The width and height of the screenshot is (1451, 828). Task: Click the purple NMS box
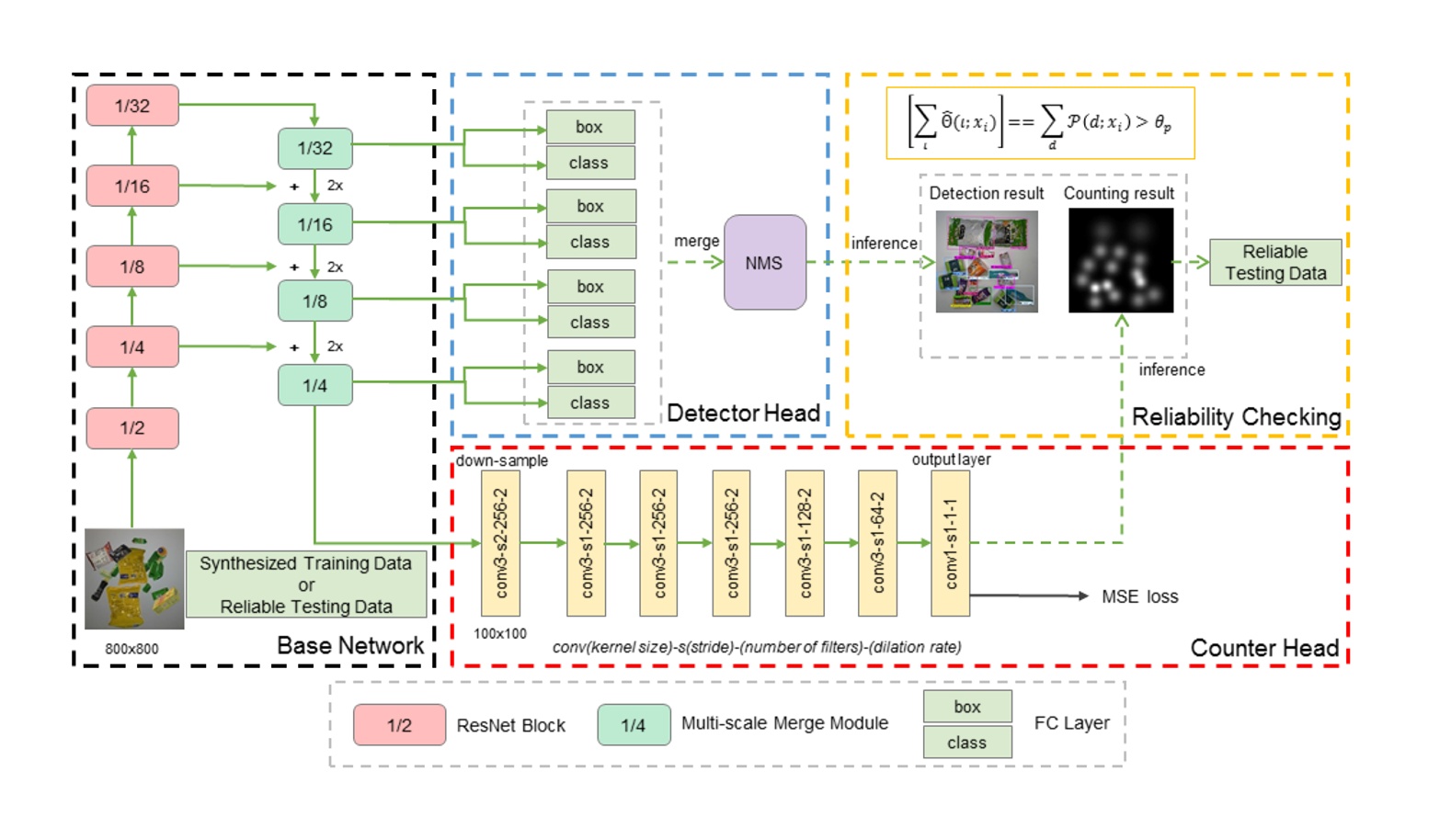(x=765, y=262)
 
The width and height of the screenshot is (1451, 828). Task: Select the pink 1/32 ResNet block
(x=132, y=105)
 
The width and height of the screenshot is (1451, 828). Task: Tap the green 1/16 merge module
(x=315, y=224)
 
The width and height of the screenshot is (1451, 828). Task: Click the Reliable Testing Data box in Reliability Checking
(x=1275, y=262)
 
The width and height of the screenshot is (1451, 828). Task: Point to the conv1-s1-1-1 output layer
(x=950, y=543)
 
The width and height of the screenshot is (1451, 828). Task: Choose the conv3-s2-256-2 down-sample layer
(x=501, y=543)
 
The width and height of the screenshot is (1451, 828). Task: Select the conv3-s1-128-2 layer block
(x=805, y=543)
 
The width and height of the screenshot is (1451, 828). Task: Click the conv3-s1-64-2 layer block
(x=878, y=543)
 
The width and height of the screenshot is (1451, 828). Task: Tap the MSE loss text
(x=1140, y=596)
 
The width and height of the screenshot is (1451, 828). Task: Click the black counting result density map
(x=1121, y=260)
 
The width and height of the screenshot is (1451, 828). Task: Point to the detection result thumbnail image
(x=987, y=262)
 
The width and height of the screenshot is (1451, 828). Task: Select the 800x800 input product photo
(x=135, y=579)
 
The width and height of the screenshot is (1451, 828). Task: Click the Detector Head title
(x=744, y=413)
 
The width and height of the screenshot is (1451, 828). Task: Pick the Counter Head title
(x=1265, y=647)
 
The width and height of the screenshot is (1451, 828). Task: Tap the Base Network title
(x=350, y=645)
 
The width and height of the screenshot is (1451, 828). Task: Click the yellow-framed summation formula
(x=1040, y=123)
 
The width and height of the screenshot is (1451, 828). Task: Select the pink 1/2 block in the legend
(x=400, y=725)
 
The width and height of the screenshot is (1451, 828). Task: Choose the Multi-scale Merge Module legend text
(x=785, y=722)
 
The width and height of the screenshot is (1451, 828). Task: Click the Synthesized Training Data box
(x=306, y=584)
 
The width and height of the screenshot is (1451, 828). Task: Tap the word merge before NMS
(x=696, y=241)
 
